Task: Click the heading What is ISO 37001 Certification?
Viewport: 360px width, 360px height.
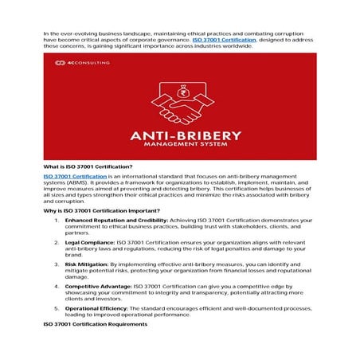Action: (x=88, y=166)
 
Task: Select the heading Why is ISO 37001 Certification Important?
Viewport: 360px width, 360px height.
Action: (x=101, y=210)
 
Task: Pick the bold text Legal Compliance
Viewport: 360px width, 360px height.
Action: (x=89, y=241)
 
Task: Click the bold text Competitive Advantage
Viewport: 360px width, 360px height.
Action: (x=98, y=285)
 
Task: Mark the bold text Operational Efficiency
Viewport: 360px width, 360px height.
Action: (x=98, y=307)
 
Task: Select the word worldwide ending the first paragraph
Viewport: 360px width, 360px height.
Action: (x=234, y=46)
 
